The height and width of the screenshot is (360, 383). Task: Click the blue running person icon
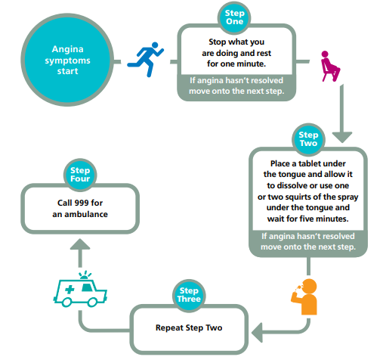pos(146,59)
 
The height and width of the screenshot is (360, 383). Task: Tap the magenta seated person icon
pos(330,67)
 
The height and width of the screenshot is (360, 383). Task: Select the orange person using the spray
pos(304,296)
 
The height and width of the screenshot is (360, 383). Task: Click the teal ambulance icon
pos(80,289)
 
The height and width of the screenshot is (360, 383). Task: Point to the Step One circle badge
pos(234,17)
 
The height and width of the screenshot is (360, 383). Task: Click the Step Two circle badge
pos(308,139)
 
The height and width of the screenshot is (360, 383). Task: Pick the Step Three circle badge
pos(189,295)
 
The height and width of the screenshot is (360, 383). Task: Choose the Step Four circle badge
pos(80,175)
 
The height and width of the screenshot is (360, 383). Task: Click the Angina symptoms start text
pos(67,60)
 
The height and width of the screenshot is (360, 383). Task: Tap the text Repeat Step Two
pos(189,327)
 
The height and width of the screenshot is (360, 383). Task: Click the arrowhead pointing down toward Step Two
pos(342,137)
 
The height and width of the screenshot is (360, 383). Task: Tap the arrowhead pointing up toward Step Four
pos(80,244)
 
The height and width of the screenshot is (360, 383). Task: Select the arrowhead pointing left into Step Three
pos(257,333)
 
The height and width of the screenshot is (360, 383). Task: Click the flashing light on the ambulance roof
pos(85,275)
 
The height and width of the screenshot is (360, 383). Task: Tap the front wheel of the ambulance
pos(92,302)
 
